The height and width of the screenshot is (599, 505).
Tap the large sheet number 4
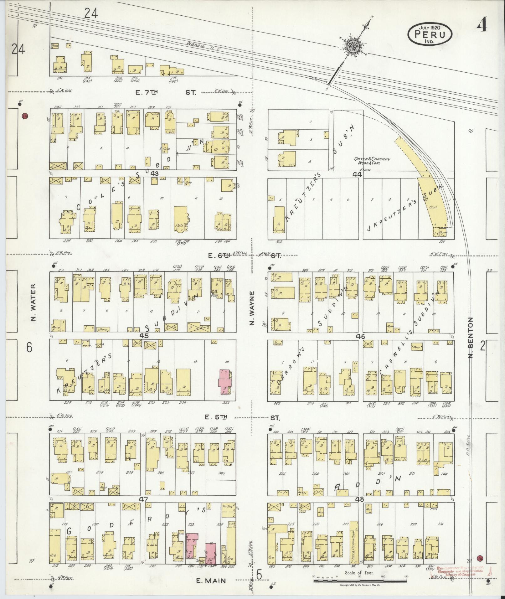(482, 27)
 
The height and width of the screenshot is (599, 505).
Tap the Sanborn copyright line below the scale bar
(360, 585)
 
